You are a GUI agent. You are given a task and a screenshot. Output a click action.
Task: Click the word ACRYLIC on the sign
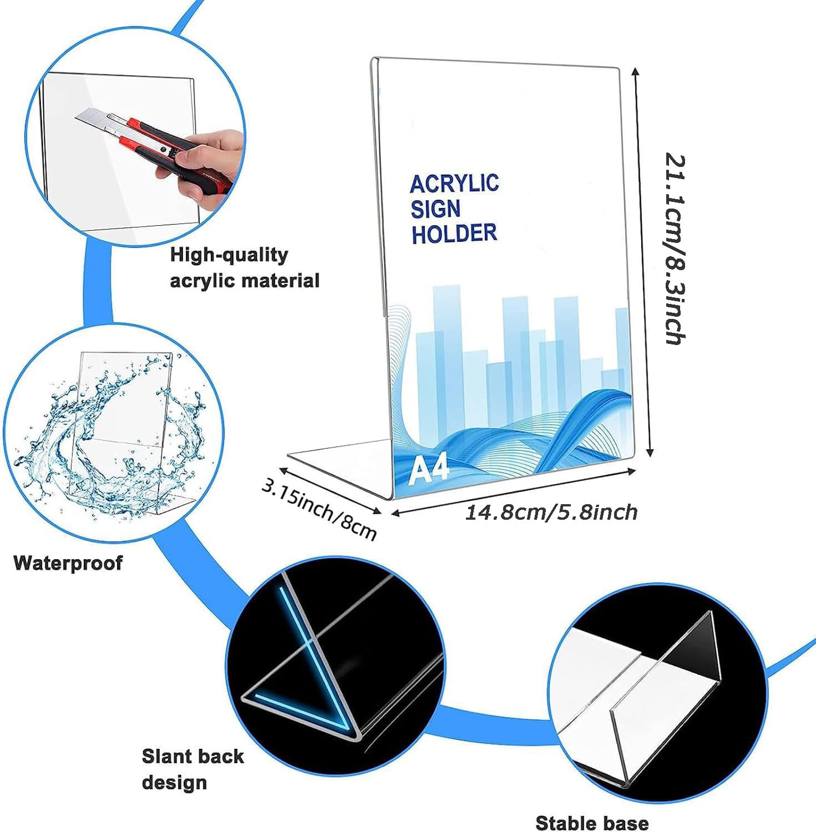pyautogui.click(x=454, y=183)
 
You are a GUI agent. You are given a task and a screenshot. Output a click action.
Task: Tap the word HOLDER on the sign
pyautogui.click(x=454, y=234)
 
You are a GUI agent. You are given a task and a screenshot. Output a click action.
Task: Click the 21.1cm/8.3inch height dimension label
pyautogui.click(x=676, y=249)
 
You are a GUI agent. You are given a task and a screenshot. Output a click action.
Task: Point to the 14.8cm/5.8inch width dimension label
pyautogui.click(x=551, y=513)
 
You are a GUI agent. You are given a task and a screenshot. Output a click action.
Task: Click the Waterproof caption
pyautogui.click(x=68, y=563)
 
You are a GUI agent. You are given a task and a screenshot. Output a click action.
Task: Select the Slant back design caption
pyautogui.click(x=192, y=769)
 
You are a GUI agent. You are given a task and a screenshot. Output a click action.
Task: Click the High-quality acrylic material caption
pyautogui.click(x=245, y=267)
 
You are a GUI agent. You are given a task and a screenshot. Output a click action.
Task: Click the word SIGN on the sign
pyautogui.click(x=435, y=209)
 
